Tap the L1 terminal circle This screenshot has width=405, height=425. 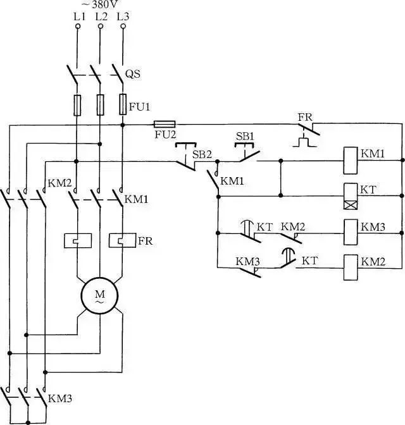click(78, 27)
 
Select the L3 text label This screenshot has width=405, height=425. click(123, 17)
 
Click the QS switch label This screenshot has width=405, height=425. click(133, 74)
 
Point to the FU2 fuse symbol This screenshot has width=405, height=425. click(165, 125)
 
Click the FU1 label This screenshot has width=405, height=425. click(139, 107)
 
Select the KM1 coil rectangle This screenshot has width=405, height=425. click(350, 161)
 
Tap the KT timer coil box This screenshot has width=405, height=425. click(350, 196)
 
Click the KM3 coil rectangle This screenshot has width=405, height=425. click(350, 232)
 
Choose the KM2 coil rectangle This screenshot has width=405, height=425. click(350, 268)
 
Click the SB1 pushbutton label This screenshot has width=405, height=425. click(245, 137)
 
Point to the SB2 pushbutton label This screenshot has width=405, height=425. click(202, 154)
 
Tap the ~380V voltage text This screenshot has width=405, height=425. click(100, 4)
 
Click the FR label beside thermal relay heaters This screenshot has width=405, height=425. click(146, 241)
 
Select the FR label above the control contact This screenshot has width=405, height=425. click(305, 118)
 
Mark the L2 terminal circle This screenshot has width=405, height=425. click(101, 27)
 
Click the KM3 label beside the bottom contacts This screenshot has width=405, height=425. click(60, 398)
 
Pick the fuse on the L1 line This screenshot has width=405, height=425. click(77, 106)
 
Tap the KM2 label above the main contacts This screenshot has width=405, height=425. click(59, 183)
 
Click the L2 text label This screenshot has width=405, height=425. click(101, 17)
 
